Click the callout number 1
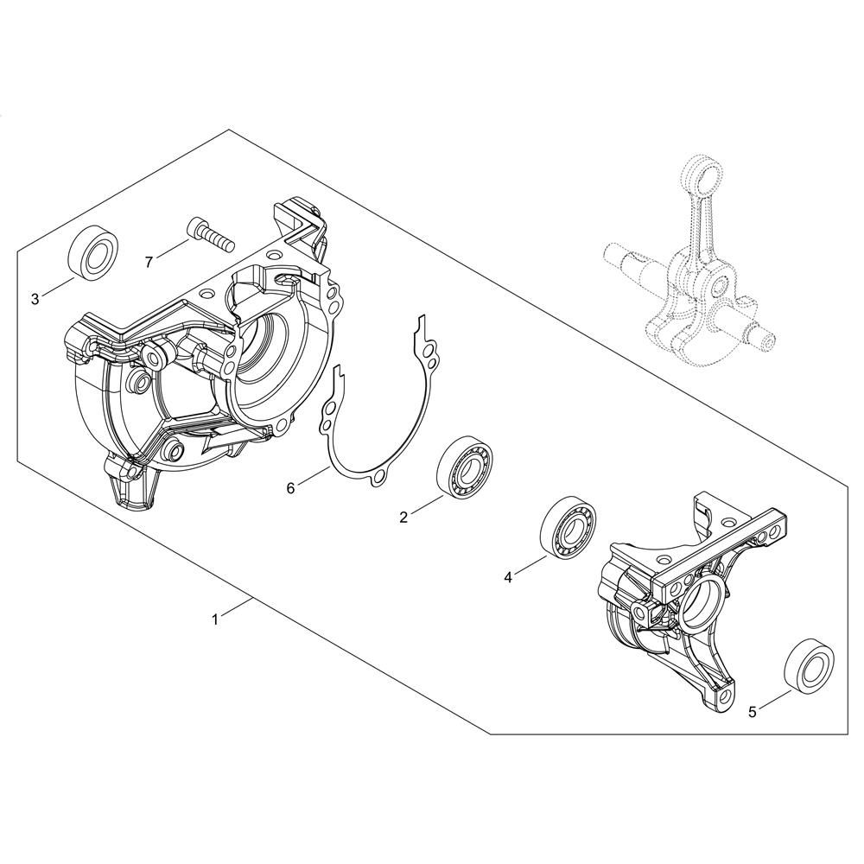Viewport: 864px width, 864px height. point(215,619)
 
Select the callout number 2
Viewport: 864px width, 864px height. point(403,517)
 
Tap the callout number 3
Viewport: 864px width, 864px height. point(35,299)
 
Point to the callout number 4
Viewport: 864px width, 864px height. point(507,577)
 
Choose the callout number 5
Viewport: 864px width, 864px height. point(753,712)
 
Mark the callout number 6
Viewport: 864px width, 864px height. point(291,487)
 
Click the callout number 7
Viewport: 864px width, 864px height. point(149,263)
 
